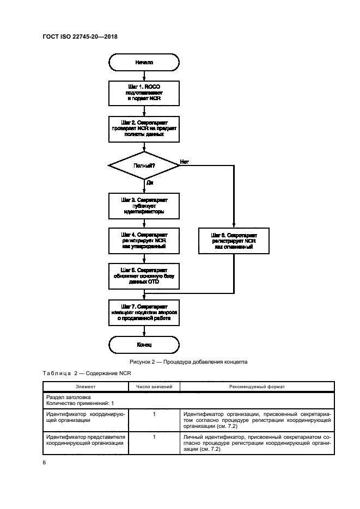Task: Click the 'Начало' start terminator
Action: (144, 63)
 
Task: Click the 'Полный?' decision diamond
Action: (144, 165)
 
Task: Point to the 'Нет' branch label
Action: (184, 162)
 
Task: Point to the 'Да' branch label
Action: (150, 183)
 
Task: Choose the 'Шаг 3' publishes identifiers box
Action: (144, 205)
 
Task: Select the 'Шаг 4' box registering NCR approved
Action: (144, 241)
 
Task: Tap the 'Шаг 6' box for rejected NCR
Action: (234, 241)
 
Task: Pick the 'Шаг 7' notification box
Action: (144, 312)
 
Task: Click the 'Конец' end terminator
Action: (144, 345)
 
